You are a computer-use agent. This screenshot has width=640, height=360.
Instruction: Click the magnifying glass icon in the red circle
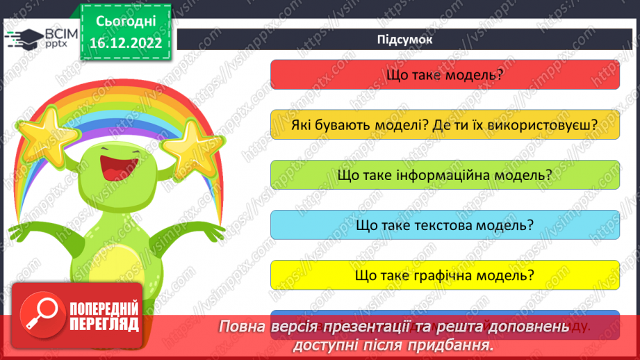click(40, 313)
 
